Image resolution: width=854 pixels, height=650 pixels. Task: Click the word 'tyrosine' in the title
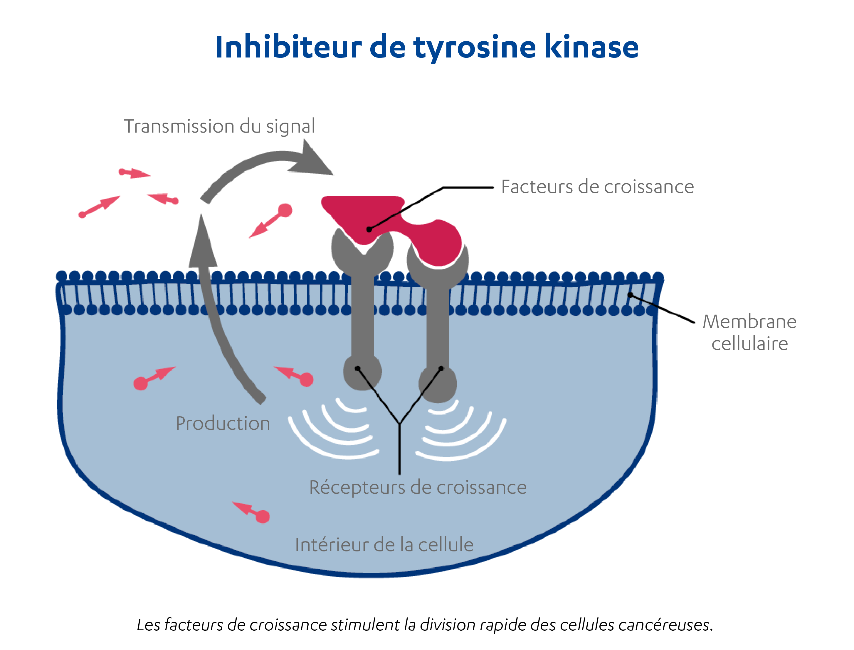475,48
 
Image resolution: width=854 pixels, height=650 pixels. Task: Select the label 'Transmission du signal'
219,126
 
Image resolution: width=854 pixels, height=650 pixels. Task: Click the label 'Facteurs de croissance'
597,187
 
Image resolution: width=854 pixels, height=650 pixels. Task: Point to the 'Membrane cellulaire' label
749,332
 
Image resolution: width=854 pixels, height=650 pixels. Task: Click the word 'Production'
223,423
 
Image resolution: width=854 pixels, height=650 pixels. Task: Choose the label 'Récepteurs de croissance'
418,487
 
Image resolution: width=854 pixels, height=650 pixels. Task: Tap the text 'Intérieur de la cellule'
384,545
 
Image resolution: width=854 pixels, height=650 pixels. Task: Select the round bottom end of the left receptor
362,372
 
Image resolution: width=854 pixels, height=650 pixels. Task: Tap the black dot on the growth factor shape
369,229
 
